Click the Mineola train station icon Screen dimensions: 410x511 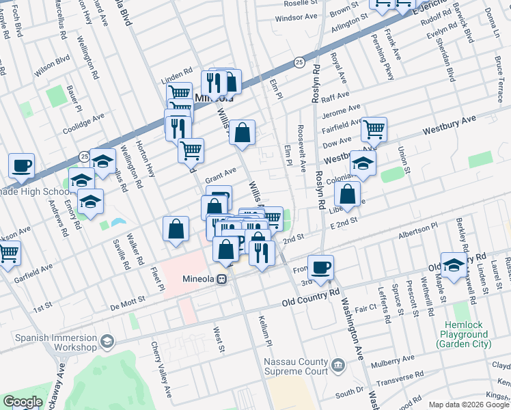222,279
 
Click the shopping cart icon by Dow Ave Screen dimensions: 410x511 374,128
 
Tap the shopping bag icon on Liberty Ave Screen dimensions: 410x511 348,193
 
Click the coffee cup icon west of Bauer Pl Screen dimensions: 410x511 21,165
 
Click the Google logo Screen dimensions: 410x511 23,401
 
